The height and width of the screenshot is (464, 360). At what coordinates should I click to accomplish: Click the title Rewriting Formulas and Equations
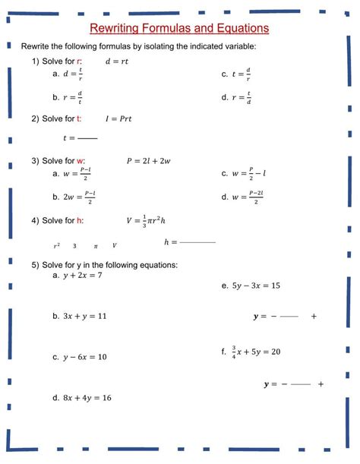pos(180,28)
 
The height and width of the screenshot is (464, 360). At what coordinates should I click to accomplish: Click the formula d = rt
pos(117,62)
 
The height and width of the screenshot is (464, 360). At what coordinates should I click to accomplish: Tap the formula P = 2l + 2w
pos(148,160)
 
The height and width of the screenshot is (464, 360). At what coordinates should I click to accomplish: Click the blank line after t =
pos(88,138)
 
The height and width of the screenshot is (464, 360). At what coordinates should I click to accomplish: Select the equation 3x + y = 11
pos(85,316)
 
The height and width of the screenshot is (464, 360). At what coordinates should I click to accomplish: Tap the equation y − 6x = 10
pos(85,357)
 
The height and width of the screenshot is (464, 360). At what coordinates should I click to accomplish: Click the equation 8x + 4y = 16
pos(87,398)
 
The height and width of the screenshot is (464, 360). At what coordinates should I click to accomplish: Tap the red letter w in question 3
pos(81,160)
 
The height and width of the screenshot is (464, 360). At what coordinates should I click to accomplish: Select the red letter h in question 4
pos(80,221)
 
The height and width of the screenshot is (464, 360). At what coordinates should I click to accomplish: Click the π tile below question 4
pos(96,245)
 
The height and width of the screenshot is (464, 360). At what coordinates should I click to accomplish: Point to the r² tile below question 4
pos(57,245)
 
